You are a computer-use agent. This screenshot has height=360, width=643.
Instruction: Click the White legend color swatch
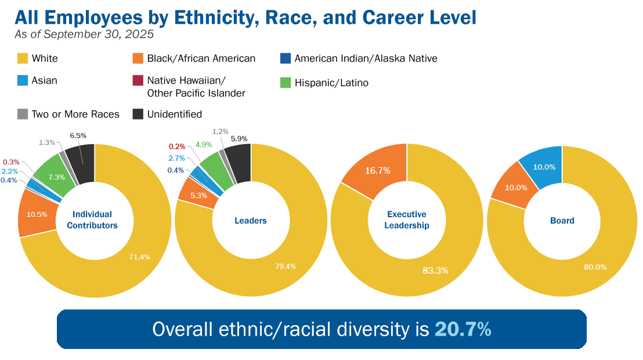pyautogui.click(x=23, y=58)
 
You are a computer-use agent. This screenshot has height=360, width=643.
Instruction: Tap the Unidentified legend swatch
pyautogui.click(x=139, y=114)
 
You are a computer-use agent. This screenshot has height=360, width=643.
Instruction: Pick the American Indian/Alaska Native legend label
pyautogui.click(x=366, y=58)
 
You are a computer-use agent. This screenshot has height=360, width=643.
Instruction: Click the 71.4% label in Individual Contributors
pyautogui.click(x=139, y=257)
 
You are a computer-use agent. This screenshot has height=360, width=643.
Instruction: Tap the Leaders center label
pyautogui.click(x=251, y=221)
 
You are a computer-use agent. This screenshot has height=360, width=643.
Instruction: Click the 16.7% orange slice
pyautogui.click(x=377, y=170)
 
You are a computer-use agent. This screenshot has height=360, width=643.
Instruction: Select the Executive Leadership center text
pyautogui.click(x=406, y=220)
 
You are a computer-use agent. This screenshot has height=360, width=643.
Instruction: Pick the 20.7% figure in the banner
pyautogui.click(x=463, y=329)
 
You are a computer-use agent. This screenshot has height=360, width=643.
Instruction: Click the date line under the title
pyautogui.click(x=84, y=34)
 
